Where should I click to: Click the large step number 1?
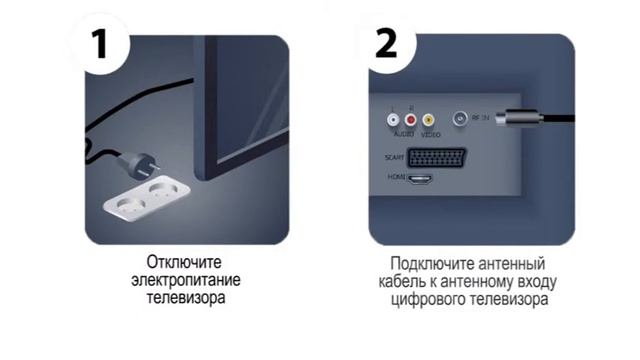coord(99,44)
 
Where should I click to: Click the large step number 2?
coord(386,44)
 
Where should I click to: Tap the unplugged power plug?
coord(138,165)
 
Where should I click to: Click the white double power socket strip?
coord(147,196)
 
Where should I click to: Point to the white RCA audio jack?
coord(393,120)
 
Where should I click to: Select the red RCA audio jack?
coord(411,120)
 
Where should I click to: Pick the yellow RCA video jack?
coord(428,120)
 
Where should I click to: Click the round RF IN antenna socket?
coord(460,119)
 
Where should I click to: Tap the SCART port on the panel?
coord(436,157)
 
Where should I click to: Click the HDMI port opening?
coord(421,179)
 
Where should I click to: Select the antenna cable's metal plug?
coord(519,118)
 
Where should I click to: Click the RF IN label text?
coord(480,118)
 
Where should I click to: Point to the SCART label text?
coord(394,158)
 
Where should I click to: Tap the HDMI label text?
coord(396,177)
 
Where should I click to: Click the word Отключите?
coord(184,262)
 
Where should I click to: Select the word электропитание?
coord(186,280)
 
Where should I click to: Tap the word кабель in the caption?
coord(401,282)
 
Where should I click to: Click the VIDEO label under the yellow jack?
coord(431,135)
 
